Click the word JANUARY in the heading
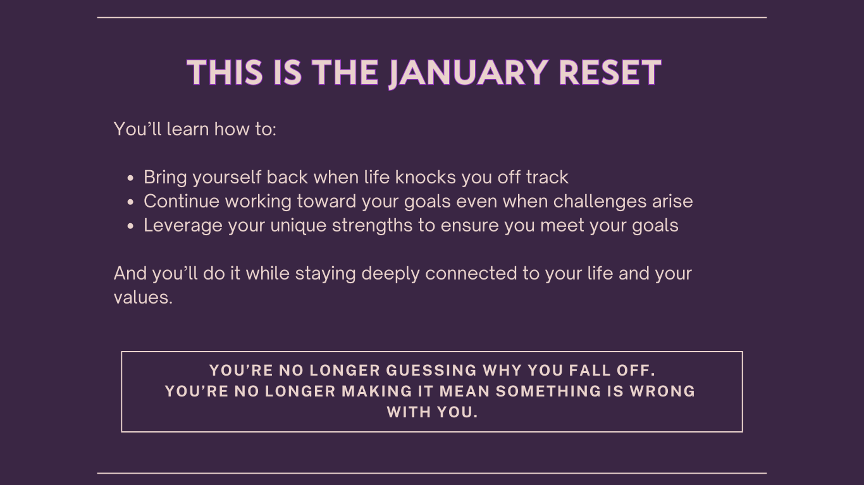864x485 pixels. (x=468, y=73)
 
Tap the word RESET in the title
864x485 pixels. (x=610, y=72)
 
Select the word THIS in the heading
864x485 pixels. (x=225, y=72)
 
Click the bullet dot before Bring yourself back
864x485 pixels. (x=130, y=178)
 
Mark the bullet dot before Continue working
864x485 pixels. (x=130, y=202)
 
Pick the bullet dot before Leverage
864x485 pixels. (x=130, y=226)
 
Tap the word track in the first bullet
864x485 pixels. (x=547, y=177)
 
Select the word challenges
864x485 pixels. (x=600, y=202)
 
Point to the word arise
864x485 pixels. (x=672, y=202)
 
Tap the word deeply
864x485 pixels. (x=390, y=274)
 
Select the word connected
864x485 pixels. (x=471, y=273)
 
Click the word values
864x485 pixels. (x=143, y=298)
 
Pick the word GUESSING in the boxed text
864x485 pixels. (x=431, y=371)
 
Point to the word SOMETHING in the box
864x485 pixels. (x=548, y=391)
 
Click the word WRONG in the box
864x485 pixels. (x=663, y=391)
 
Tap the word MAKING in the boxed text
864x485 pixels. (x=377, y=391)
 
